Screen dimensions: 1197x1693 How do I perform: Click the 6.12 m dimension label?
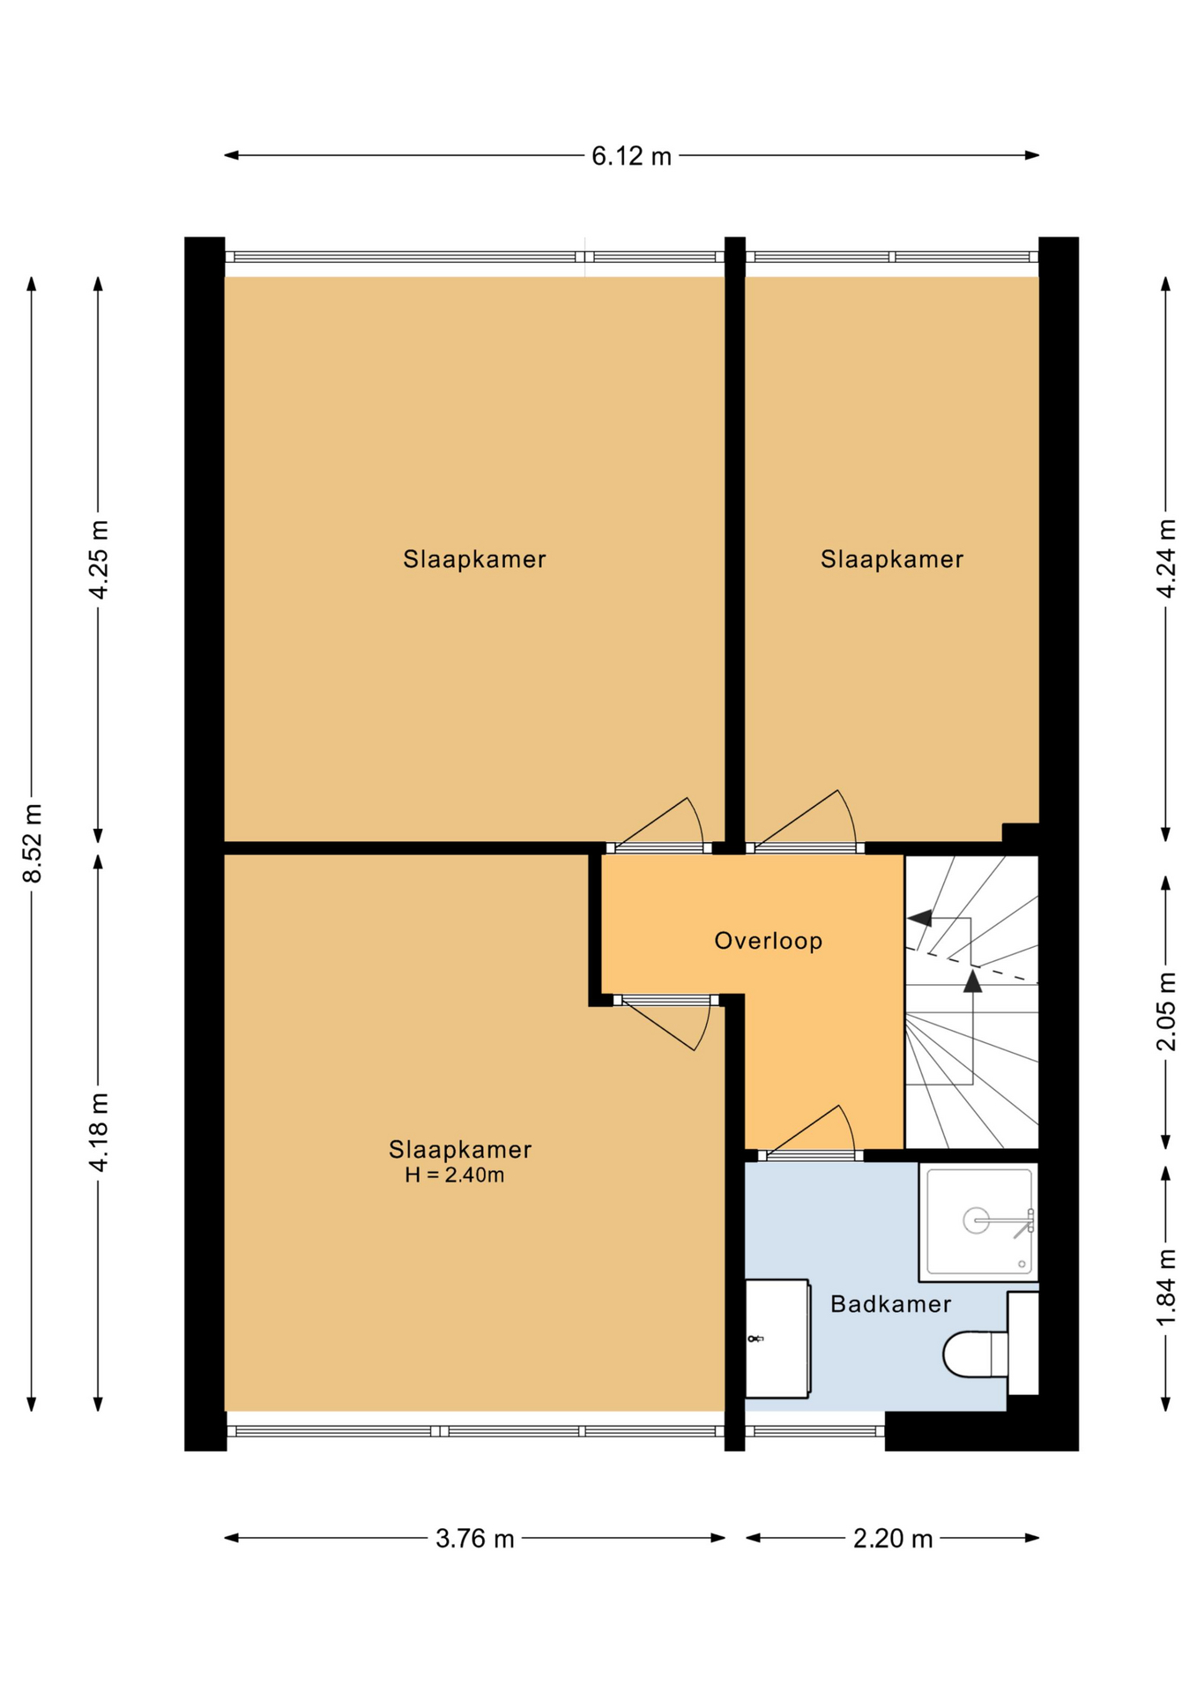pos(631,156)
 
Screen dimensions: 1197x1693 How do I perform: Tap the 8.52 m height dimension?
pos(33,844)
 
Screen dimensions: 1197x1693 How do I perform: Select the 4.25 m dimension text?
pos(99,560)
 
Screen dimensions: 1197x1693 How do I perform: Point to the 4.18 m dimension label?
pos(99,1132)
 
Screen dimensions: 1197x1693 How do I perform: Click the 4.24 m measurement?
pos(1166,559)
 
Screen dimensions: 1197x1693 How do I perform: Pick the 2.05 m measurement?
pos(1166,1011)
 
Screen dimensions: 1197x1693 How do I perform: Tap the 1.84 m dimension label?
pos(1166,1287)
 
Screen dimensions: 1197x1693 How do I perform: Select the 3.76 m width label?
pos(475,1539)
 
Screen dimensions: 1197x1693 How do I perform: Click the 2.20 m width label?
pos(893,1539)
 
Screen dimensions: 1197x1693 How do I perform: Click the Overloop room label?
pos(769,941)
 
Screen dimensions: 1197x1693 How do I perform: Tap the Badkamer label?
pos(891,1304)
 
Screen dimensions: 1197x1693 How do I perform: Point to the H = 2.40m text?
pos(455,1175)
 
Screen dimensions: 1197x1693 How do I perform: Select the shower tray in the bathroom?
pos(978,1222)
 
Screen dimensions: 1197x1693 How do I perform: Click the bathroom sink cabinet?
pos(777,1339)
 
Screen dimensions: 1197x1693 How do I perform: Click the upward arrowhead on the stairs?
pos(972,981)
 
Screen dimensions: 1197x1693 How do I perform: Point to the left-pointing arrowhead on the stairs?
pos(919,918)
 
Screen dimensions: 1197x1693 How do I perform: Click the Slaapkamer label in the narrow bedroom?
pos(892,559)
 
